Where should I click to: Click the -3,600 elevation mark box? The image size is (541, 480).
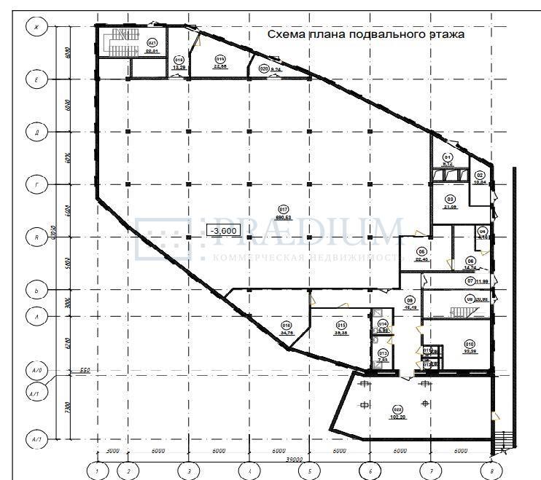(223, 231)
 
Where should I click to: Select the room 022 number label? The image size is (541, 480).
(397, 409)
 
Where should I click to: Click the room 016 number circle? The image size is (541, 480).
(286, 326)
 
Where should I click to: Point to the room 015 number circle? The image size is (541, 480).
(340, 325)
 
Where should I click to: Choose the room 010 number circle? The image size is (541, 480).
(470, 344)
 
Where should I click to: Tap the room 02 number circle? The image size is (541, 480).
(480, 175)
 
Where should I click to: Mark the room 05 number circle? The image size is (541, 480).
(421, 252)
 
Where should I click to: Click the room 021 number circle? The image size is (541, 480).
(152, 43)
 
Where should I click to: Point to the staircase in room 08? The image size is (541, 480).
(464, 312)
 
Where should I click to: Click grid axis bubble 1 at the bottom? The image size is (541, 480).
(96, 471)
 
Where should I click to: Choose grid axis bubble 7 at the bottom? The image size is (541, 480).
(431, 471)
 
